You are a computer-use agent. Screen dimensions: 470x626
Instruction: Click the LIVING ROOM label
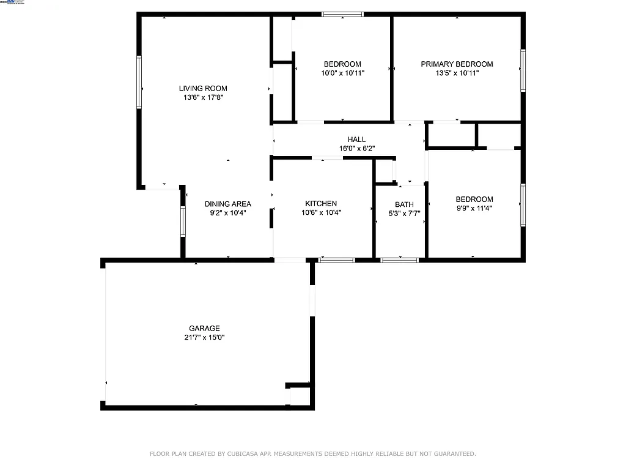[203, 88]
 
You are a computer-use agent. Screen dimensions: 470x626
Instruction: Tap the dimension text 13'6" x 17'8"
[203, 97]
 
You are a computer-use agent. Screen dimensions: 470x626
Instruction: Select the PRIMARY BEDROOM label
[457, 64]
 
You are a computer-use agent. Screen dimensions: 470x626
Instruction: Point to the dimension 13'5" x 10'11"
[457, 73]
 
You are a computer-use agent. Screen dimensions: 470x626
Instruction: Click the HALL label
[356, 140]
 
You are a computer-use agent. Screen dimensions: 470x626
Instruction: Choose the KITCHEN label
[321, 204]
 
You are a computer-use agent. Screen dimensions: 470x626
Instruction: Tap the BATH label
[404, 204]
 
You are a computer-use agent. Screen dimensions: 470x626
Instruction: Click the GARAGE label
[204, 328]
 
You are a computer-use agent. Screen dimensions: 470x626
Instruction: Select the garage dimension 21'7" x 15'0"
[204, 337]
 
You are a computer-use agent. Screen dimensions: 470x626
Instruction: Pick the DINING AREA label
[227, 204]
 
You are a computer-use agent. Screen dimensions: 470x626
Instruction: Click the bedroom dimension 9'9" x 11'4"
[474, 208]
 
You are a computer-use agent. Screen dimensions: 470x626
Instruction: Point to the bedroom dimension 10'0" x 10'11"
[342, 73]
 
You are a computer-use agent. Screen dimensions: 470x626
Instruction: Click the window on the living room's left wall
[139, 82]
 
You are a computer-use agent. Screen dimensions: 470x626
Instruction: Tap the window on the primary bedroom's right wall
[523, 70]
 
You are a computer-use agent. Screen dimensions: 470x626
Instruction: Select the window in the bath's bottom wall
[399, 260]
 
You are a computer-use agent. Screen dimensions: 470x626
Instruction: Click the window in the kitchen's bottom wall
[337, 260]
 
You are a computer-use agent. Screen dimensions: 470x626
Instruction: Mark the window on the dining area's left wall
[183, 221]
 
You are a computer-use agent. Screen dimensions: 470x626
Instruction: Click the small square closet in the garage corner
[299, 396]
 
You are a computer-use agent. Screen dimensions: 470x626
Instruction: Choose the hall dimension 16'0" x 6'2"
[356, 148]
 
